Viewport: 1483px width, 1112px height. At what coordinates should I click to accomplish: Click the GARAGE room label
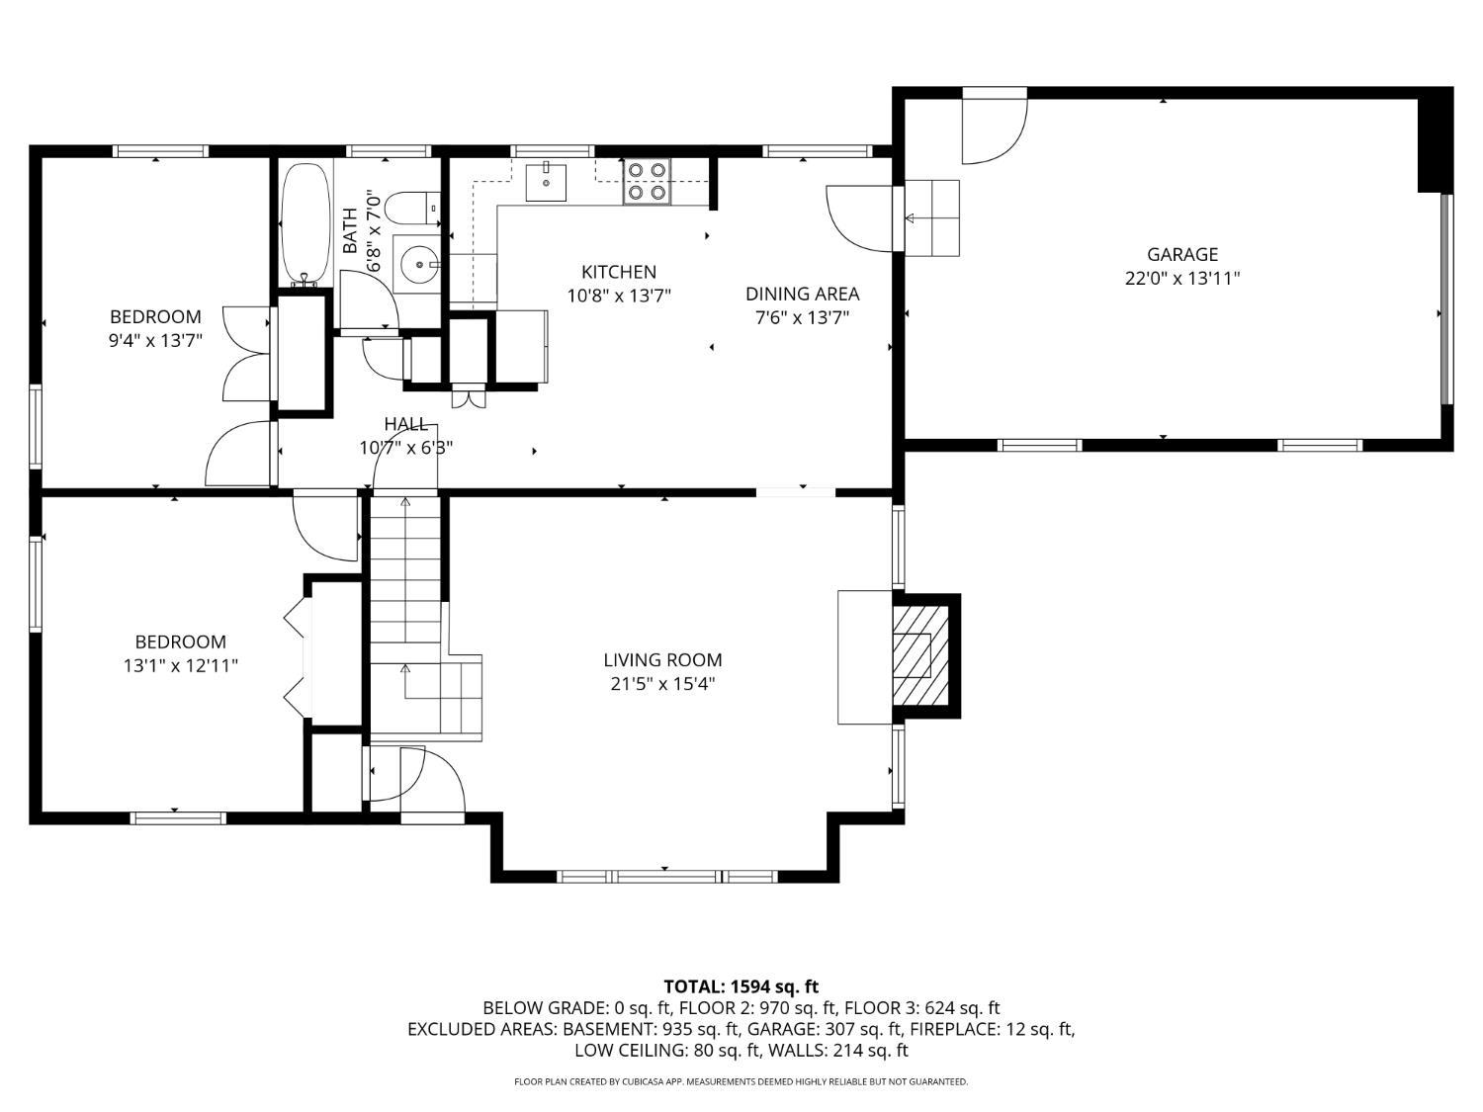click(x=1181, y=255)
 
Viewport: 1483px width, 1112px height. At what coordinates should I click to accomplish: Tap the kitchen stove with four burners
click(x=648, y=181)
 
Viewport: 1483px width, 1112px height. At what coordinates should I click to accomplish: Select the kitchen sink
click(x=546, y=181)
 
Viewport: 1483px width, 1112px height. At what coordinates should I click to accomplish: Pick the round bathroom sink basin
click(x=417, y=264)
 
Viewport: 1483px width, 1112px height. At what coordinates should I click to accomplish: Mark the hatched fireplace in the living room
click(x=921, y=655)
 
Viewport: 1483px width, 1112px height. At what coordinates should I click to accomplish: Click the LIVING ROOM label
click(x=662, y=659)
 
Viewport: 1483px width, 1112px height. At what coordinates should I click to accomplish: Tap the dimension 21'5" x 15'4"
click(x=662, y=684)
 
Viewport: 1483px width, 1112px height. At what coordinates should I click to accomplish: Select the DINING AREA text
click(x=802, y=294)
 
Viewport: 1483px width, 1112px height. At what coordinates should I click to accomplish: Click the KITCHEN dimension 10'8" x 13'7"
click(x=619, y=296)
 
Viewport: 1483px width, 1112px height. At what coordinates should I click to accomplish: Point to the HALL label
click(x=405, y=424)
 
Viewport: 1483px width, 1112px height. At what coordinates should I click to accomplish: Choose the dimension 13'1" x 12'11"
click(x=180, y=665)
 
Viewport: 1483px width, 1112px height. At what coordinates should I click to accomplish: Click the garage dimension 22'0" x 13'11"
click(x=1182, y=278)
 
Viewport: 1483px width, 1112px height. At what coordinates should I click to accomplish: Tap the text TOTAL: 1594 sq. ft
click(x=741, y=986)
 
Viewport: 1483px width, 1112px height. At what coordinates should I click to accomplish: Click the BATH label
click(x=349, y=231)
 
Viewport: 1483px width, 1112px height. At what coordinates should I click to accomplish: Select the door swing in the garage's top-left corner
click(x=995, y=126)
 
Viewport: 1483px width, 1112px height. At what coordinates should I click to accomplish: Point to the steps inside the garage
click(x=931, y=218)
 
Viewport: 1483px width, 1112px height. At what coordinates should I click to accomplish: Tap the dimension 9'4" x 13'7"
click(x=155, y=340)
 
